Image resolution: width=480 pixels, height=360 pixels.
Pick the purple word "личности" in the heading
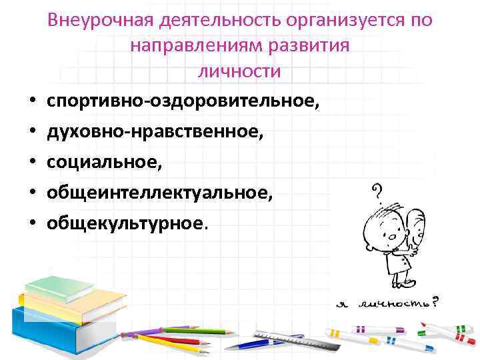239,71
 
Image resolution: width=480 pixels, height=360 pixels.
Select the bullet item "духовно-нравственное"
155,132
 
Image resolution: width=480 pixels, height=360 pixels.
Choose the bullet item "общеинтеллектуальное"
159,193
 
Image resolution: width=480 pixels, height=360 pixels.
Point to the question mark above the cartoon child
377,193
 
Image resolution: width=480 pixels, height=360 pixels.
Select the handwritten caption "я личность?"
387,303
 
